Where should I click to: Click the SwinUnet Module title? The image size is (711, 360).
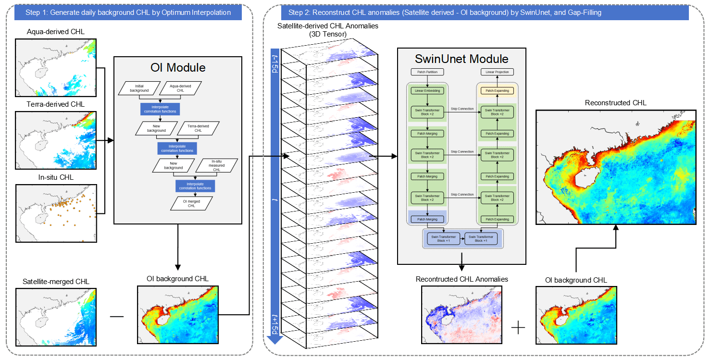pos(462,59)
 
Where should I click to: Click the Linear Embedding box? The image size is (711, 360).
pos(427,90)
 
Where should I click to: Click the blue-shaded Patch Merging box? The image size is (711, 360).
pos(427,219)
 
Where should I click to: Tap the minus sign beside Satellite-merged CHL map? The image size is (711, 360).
pos(117,316)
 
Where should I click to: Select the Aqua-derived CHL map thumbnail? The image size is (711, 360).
pos(56,67)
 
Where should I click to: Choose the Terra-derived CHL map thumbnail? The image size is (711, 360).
pos(56,139)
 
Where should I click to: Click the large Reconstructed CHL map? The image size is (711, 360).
pos(616,167)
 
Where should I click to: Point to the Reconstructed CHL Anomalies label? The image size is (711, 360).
pos(462,279)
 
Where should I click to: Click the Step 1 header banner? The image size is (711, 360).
pos(128,12)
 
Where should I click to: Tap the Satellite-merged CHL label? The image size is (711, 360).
pos(56,282)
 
